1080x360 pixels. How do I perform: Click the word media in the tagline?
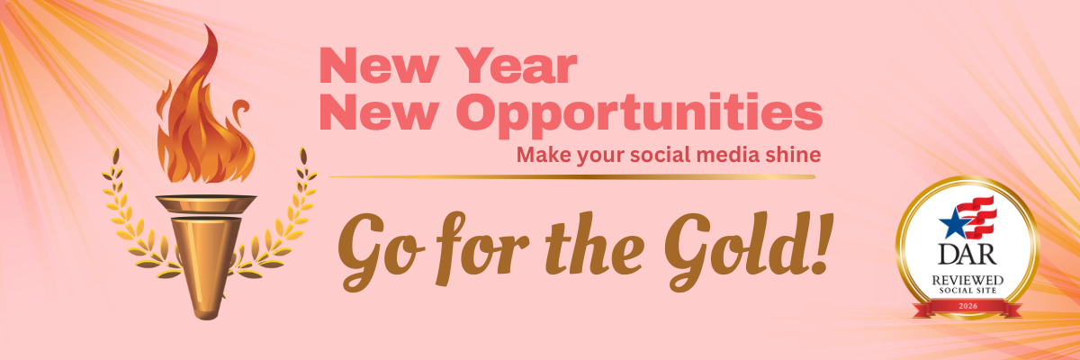(x=732, y=155)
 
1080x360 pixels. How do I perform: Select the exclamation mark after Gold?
(x=818, y=241)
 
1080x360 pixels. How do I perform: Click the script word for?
(x=472, y=243)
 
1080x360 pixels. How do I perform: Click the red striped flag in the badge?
(x=978, y=216)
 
